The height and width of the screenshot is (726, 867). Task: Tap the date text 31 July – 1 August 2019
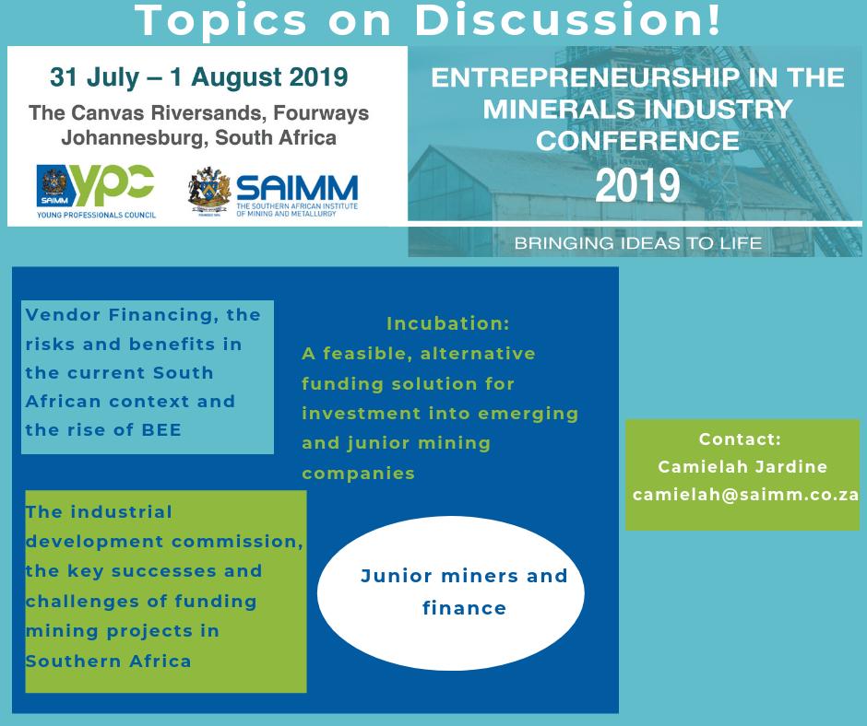(199, 77)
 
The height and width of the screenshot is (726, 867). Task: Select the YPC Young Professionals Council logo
(96, 191)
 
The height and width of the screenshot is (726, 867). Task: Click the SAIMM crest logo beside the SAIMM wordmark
(208, 191)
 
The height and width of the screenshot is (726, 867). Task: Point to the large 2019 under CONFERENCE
(637, 185)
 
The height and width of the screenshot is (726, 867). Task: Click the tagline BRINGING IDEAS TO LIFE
(638, 244)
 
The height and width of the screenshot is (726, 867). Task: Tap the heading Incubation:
(448, 323)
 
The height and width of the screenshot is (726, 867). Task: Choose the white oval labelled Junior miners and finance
(451, 591)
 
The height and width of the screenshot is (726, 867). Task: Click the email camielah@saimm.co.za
(745, 495)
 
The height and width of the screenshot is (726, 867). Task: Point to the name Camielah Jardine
(742, 467)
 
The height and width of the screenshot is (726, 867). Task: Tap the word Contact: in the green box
(740, 439)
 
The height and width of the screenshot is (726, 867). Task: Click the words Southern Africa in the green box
(109, 661)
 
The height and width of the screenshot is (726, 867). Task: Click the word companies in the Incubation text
(359, 473)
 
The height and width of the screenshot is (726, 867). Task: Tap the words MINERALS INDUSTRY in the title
(637, 109)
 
